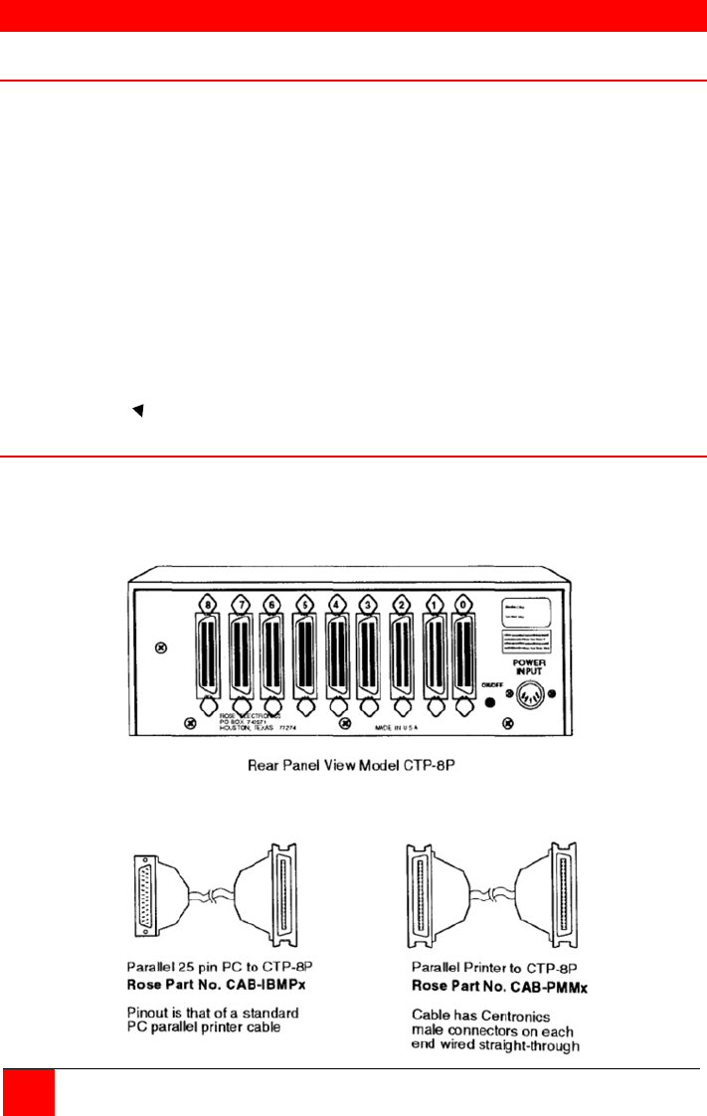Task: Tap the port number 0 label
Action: tap(463, 602)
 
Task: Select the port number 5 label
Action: tap(304, 602)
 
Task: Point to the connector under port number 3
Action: tap(368, 659)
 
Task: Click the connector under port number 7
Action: tap(240, 659)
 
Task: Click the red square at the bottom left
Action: tap(27, 1093)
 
